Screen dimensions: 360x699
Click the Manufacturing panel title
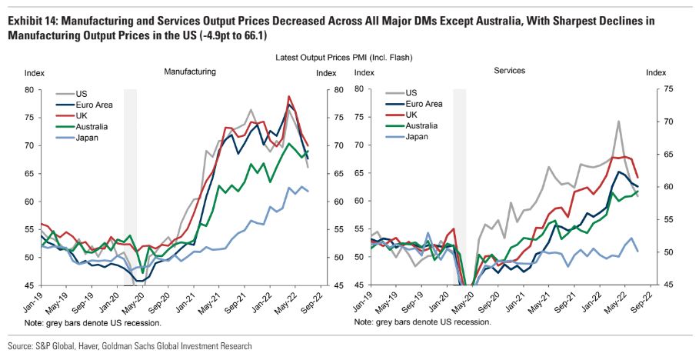click(x=189, y=72)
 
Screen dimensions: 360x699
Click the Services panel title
click(x=509, y=71)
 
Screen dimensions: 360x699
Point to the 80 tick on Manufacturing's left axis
click(x=30, y=89)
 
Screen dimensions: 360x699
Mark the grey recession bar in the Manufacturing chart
click(x=130, y=185)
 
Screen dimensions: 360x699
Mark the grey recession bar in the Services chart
click(x=459, y=185)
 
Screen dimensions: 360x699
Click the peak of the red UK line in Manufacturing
click(x=288, y=97)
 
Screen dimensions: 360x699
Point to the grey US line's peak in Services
click(x=617, y=121)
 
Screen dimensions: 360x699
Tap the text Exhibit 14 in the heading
click(x=30, y=21)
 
